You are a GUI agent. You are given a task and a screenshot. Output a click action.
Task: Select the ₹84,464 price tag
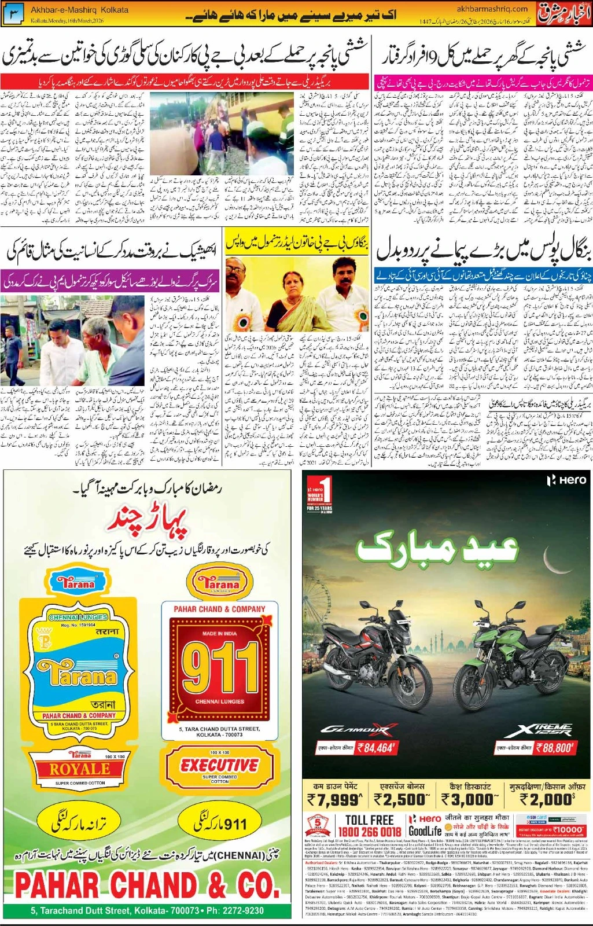coord(376,747)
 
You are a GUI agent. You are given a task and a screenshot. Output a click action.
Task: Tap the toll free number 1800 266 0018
coord(369,832)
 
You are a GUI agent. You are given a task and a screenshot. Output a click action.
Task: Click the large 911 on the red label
coord(220,670)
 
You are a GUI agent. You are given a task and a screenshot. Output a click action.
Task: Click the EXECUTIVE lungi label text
coord(220,765)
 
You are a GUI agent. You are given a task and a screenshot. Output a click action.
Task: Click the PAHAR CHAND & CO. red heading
coord(147,886)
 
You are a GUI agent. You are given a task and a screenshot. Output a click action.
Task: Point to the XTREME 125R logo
coord(538,730)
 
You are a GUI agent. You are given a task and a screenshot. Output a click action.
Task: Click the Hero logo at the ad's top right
coord(567,480)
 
